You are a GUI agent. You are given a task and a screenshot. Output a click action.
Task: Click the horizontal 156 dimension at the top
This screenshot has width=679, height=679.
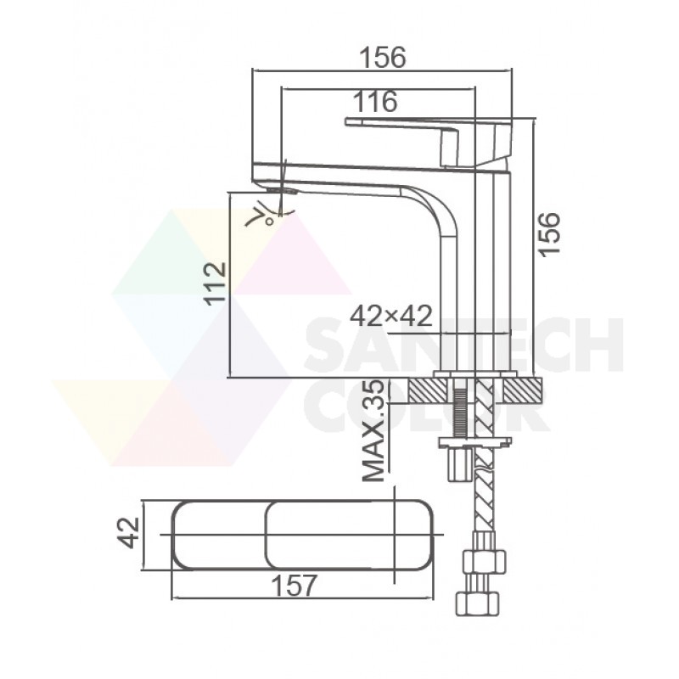[x=384, y=57]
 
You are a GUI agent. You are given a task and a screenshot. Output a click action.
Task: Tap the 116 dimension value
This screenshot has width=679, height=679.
[x=375, y=101]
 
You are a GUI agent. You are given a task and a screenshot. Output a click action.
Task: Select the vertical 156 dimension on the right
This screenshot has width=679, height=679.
[x=549, y=234]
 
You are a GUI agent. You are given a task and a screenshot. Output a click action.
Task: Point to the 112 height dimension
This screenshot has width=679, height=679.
[x=216, y=284]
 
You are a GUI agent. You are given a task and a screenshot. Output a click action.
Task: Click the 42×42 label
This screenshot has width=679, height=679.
[x=391, y=316]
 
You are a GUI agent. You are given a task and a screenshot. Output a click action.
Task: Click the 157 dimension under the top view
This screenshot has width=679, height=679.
[x=294, y=586]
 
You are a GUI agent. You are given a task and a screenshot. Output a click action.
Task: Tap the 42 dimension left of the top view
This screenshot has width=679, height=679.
[x=129, y=533]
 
